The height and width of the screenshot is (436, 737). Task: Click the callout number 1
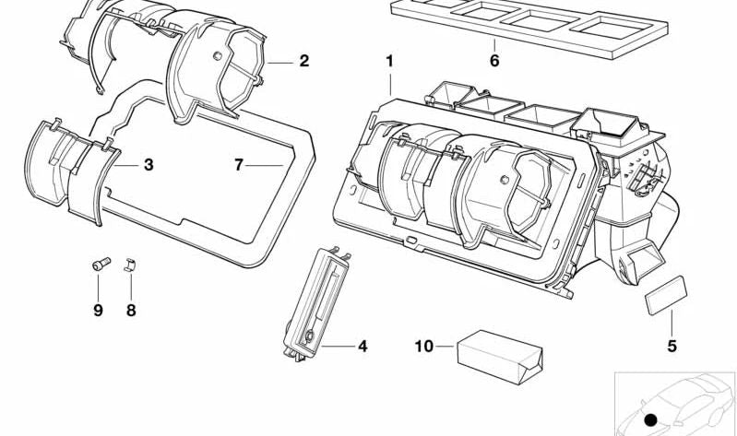click(389, 61)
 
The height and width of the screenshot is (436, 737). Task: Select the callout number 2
click(304, 61)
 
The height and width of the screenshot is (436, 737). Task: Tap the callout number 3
click(149, 165)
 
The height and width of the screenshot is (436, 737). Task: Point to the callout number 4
click(363, 347)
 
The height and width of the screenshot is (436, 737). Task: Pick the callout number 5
click(672, 347)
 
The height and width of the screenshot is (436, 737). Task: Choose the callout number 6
click(494, 61)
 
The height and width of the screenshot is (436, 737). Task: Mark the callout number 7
click(239, 165)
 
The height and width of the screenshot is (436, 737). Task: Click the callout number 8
click(131, 310)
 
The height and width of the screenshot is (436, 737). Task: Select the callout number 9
click(98, 310)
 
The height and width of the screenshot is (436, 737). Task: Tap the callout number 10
click(423, 347)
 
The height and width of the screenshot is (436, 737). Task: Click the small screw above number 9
click(101, 264)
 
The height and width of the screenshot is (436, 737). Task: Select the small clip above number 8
click(130, 265)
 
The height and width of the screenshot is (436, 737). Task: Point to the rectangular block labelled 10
click(500, 357)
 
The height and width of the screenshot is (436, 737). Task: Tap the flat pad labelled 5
click(666, 296)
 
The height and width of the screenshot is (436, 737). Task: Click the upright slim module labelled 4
click(315, 304)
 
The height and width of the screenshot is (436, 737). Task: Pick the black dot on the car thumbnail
click(650, 420)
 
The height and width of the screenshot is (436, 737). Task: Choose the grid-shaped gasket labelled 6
click(529, 26)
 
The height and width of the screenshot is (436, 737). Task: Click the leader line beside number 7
click(264, 165)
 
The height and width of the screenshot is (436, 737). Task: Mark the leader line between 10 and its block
click(445, 347)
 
